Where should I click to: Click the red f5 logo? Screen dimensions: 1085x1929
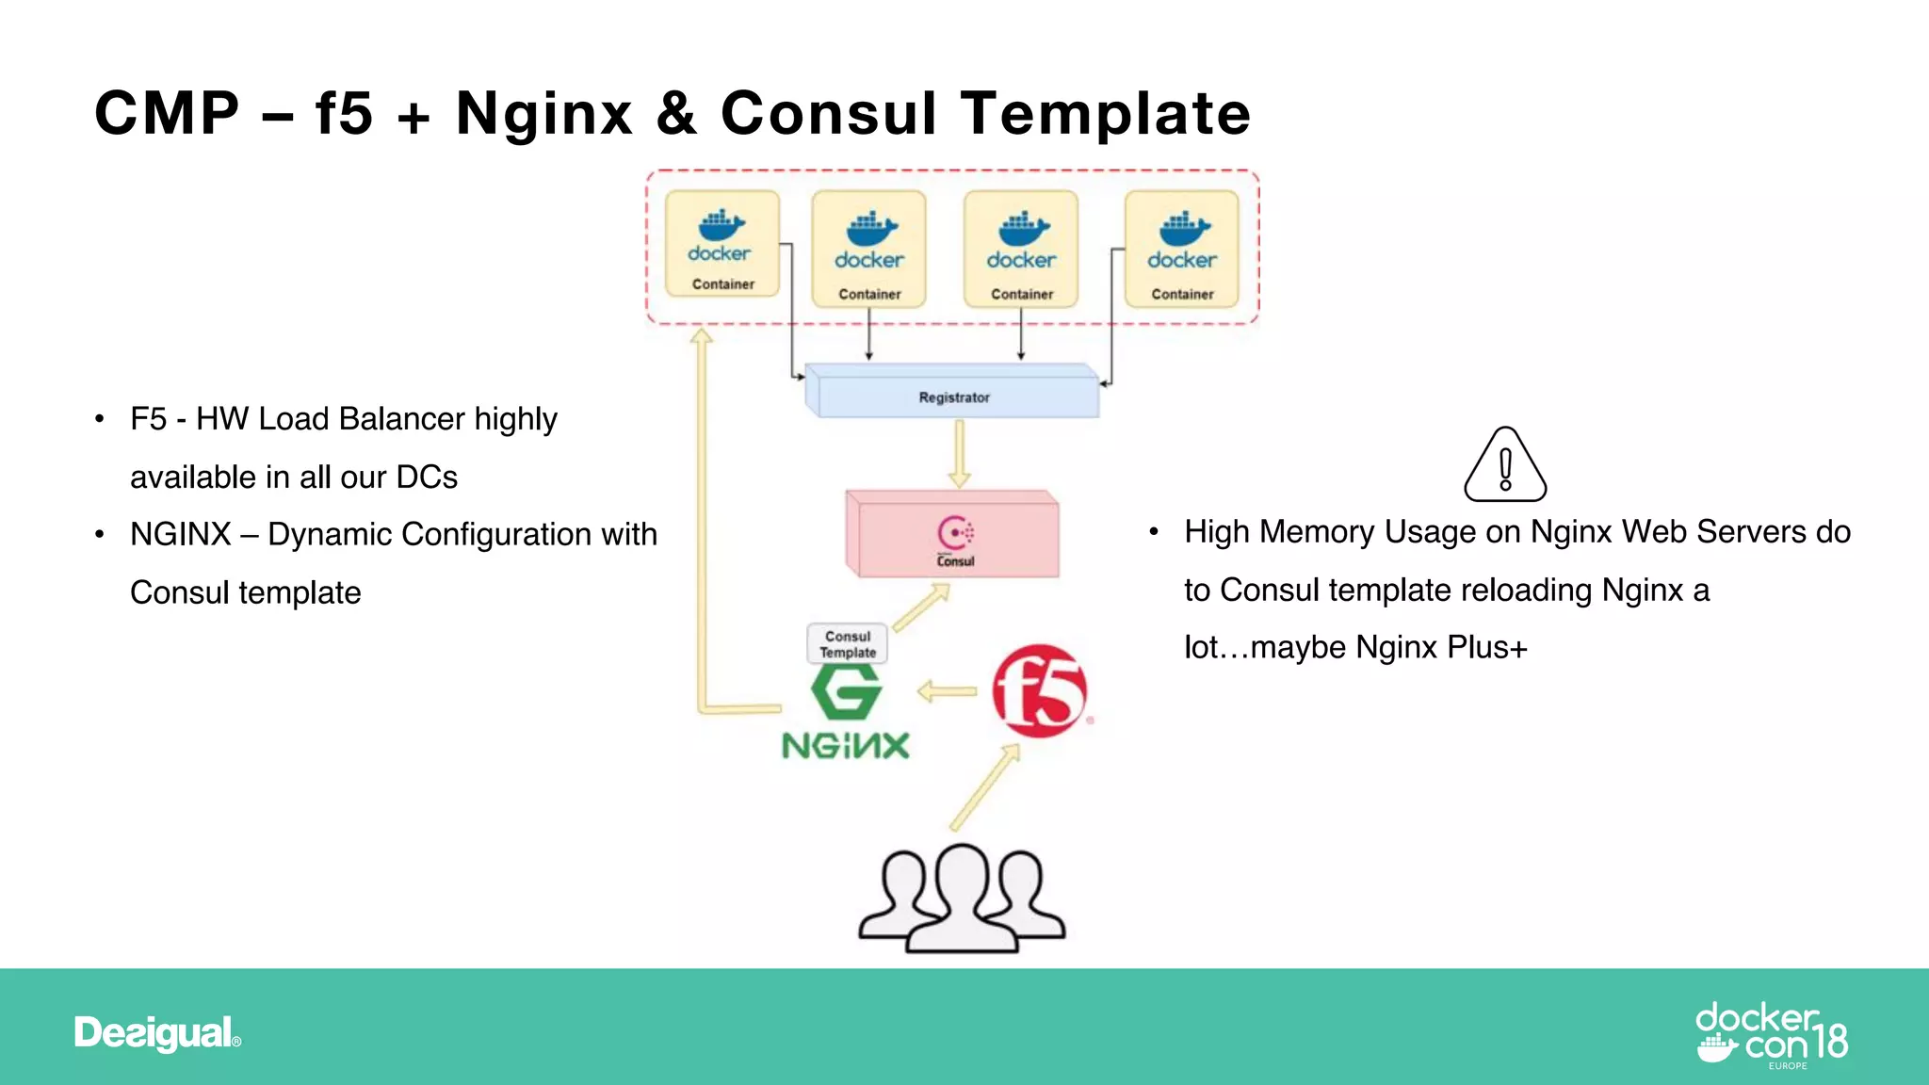(x=1039, y=691)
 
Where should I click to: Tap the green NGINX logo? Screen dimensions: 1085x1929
(x=846, y=711)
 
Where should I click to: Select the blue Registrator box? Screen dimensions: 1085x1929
(x=953, y=396)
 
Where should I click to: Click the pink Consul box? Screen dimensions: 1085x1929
(x=953, y=535)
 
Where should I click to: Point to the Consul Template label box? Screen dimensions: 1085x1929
(x=847, y=644)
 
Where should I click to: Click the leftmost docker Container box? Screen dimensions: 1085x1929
(x=722, y=245)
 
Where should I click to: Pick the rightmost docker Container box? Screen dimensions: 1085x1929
(x=1182, y=250)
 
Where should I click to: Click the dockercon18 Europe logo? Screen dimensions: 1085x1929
(x=1772, y=1035)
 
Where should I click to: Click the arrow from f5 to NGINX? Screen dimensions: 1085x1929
(x=947, y=692)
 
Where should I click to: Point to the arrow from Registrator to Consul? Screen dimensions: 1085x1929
(x=959, y=453)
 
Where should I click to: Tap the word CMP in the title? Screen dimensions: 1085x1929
(x=168, y=114)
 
